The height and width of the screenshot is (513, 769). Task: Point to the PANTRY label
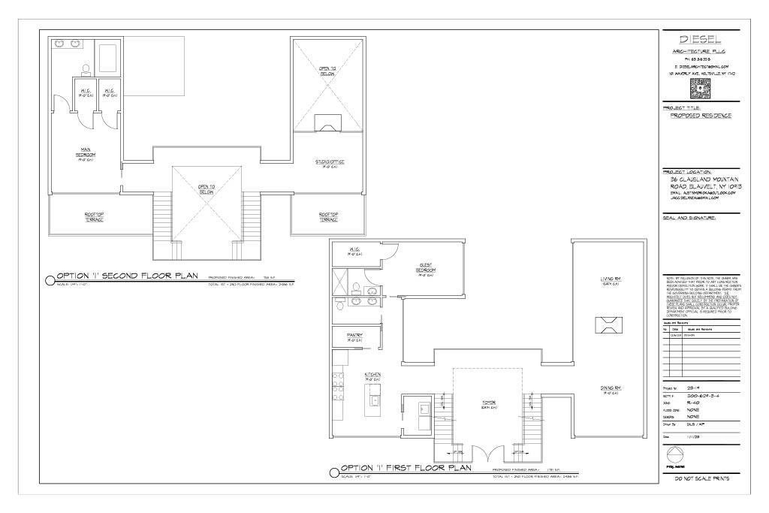pyautogui.click(x=355, y=336)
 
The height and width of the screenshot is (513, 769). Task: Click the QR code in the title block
pyautogui.click(x=699, y=88)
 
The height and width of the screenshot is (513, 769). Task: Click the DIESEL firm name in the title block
pyautogui.click(x=700, y=39)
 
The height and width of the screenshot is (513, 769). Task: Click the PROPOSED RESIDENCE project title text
pyautogui.click(x=700, y=116)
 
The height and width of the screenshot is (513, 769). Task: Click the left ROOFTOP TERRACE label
pyautogui.click(x=95, y=216)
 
